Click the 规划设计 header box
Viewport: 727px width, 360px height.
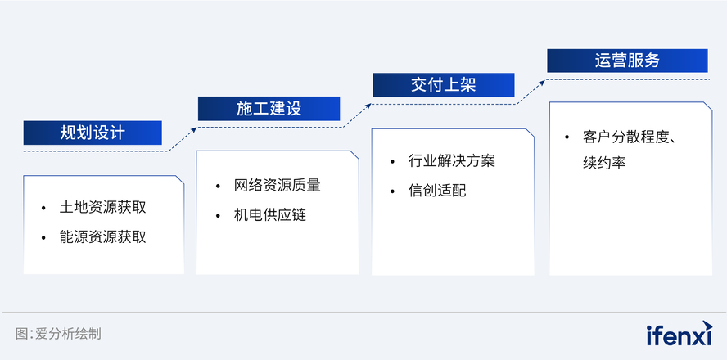point(93,133)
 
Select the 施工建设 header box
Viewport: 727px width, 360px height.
point(269,109)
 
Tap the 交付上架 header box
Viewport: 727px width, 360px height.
point(444,85)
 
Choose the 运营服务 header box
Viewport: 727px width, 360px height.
point(627,61)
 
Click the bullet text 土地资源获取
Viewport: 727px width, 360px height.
point(103,207)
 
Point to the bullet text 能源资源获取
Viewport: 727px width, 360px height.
point(103,236)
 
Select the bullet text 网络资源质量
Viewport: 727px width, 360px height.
point(278,186)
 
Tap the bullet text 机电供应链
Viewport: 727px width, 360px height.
point(270,215)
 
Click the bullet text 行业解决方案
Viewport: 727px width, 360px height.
point(452,160)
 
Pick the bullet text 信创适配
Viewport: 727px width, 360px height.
point(438,191)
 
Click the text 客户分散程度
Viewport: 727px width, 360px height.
point(626,137)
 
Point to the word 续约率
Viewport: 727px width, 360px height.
point(604,163)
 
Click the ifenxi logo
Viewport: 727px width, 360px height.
point(680,333)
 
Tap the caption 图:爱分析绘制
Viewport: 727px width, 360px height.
point(58,334)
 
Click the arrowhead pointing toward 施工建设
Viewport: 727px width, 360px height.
point(194,129)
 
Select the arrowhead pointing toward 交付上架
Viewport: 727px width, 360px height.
point(368,106)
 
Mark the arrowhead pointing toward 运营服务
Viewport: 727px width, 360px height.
point(543,82)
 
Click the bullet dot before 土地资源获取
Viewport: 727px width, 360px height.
point(43,208)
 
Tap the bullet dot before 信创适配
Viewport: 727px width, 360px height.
point(393,191)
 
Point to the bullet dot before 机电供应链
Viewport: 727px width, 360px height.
point(218,216)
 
